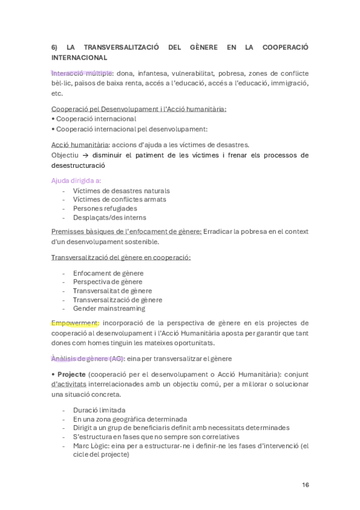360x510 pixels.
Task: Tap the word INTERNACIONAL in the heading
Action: click(x=79, y=58)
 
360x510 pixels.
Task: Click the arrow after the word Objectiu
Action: click(x=87, y=155)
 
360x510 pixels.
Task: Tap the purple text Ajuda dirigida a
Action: click(x=76, y=179)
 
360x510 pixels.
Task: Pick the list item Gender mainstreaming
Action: click(x=109, y=309)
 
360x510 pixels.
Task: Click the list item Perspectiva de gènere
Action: click(x=108, y=281)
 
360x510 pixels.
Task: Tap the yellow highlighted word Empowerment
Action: click(x=75, y=322)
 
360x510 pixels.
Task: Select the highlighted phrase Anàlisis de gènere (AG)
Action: click(x=88, y=358)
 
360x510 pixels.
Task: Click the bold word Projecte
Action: click(x=72, y=373)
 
